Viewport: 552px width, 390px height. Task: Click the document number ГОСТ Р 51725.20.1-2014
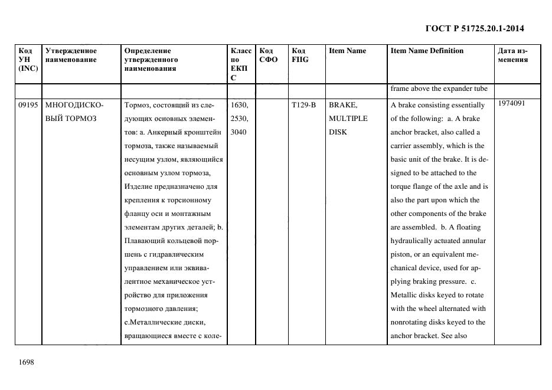[475, 28]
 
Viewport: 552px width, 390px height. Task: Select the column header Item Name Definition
[427, 51]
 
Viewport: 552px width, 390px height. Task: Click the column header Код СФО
[268, 55]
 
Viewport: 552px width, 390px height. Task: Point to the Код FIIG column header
[300, 55]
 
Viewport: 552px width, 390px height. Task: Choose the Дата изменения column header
[513, 55]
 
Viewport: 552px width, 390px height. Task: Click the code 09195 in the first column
[28, 105]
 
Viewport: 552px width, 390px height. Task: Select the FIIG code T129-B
[304, 105]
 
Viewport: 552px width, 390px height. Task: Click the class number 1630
[240, 105]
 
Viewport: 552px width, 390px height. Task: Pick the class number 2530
[240, 119]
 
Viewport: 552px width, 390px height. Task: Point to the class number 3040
[239, 132]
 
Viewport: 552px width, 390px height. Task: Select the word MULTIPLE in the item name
[348, 119]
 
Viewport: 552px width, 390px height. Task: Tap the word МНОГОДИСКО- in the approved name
[74, 105]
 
